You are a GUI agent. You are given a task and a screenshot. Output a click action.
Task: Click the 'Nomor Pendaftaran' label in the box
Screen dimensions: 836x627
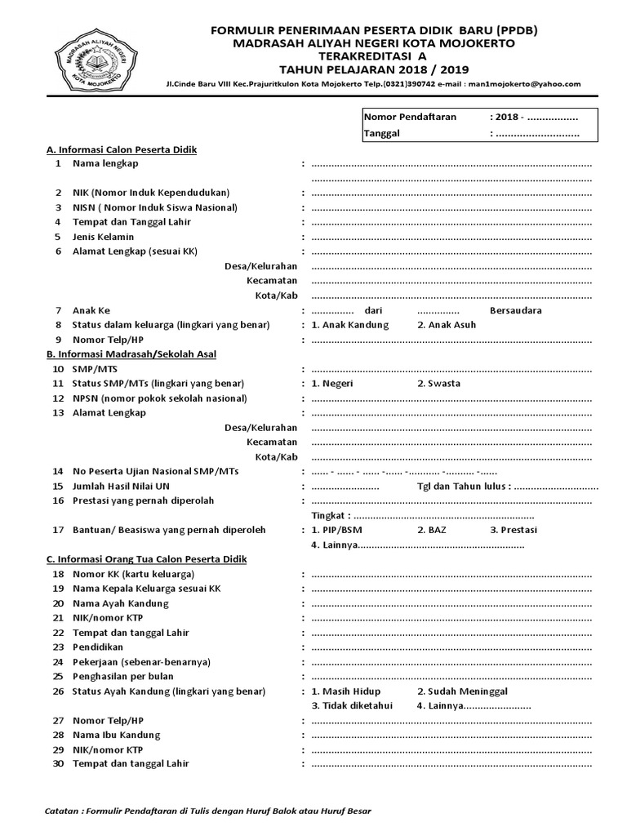(410, 117)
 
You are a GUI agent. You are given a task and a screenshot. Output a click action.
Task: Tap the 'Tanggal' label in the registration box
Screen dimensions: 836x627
(381, 134)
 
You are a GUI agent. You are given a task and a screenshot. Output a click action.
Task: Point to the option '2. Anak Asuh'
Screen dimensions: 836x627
(447, 325)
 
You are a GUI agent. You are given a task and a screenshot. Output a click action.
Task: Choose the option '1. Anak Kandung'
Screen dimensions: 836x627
(350, 325)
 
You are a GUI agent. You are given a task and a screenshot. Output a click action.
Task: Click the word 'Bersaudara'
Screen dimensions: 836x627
(515, 310)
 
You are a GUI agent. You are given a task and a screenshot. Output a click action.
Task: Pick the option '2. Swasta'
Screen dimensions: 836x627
(438, 384)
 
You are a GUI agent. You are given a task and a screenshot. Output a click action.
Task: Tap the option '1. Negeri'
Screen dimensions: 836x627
(334, 384)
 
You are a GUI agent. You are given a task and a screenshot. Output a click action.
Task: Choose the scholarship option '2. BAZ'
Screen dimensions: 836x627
(433, 530)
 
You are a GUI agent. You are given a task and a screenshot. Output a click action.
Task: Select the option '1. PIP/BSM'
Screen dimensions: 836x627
(337, 530)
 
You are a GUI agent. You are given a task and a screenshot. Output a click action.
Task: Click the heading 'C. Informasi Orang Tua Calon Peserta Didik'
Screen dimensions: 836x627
(146, 559)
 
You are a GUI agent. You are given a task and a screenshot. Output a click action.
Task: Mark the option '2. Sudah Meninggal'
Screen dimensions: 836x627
(462, 691)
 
